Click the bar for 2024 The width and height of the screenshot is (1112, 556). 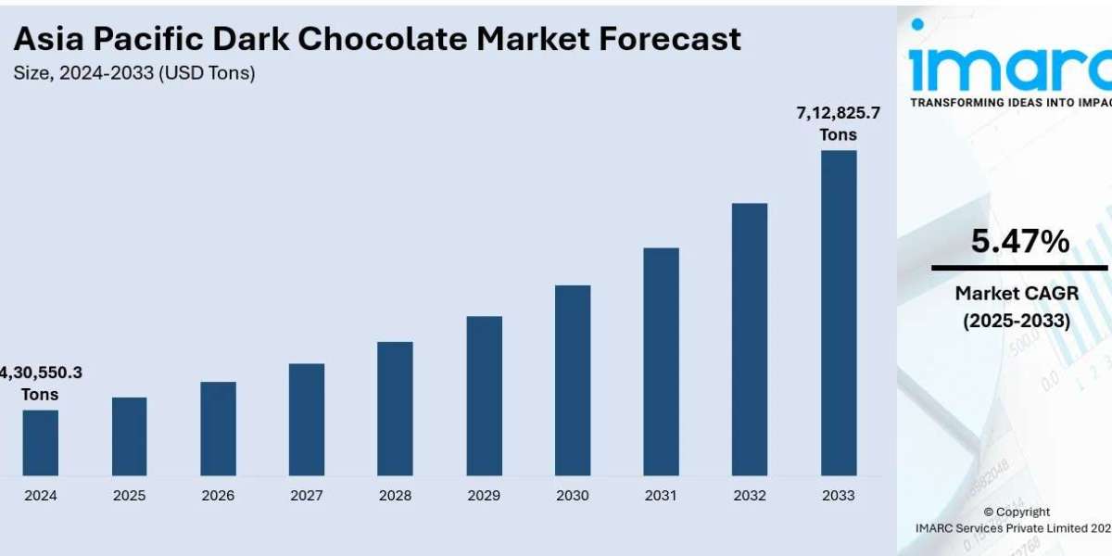(41, 443)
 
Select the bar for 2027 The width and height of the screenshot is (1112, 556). (307, 420)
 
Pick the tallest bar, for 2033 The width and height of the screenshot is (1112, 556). (839, 313)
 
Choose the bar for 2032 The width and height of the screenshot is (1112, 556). (750, 339)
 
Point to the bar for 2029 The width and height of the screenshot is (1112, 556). (485, 396)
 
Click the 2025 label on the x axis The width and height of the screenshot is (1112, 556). (130, 496)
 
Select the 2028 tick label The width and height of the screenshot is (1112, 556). (396, 496)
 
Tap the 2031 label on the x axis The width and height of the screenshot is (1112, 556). (662, 496)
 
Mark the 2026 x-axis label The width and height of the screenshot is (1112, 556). (219, 496)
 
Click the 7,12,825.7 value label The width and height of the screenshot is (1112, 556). (838, 114)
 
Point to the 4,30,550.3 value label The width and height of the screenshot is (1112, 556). (41, 373)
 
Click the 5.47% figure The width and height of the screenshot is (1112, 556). (1019, 242)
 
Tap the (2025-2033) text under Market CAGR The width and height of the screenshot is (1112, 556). (1016, 321)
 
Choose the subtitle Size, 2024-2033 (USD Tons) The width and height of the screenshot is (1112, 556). (134, 72)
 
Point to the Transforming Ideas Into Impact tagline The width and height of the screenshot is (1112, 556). (1010, 103)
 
